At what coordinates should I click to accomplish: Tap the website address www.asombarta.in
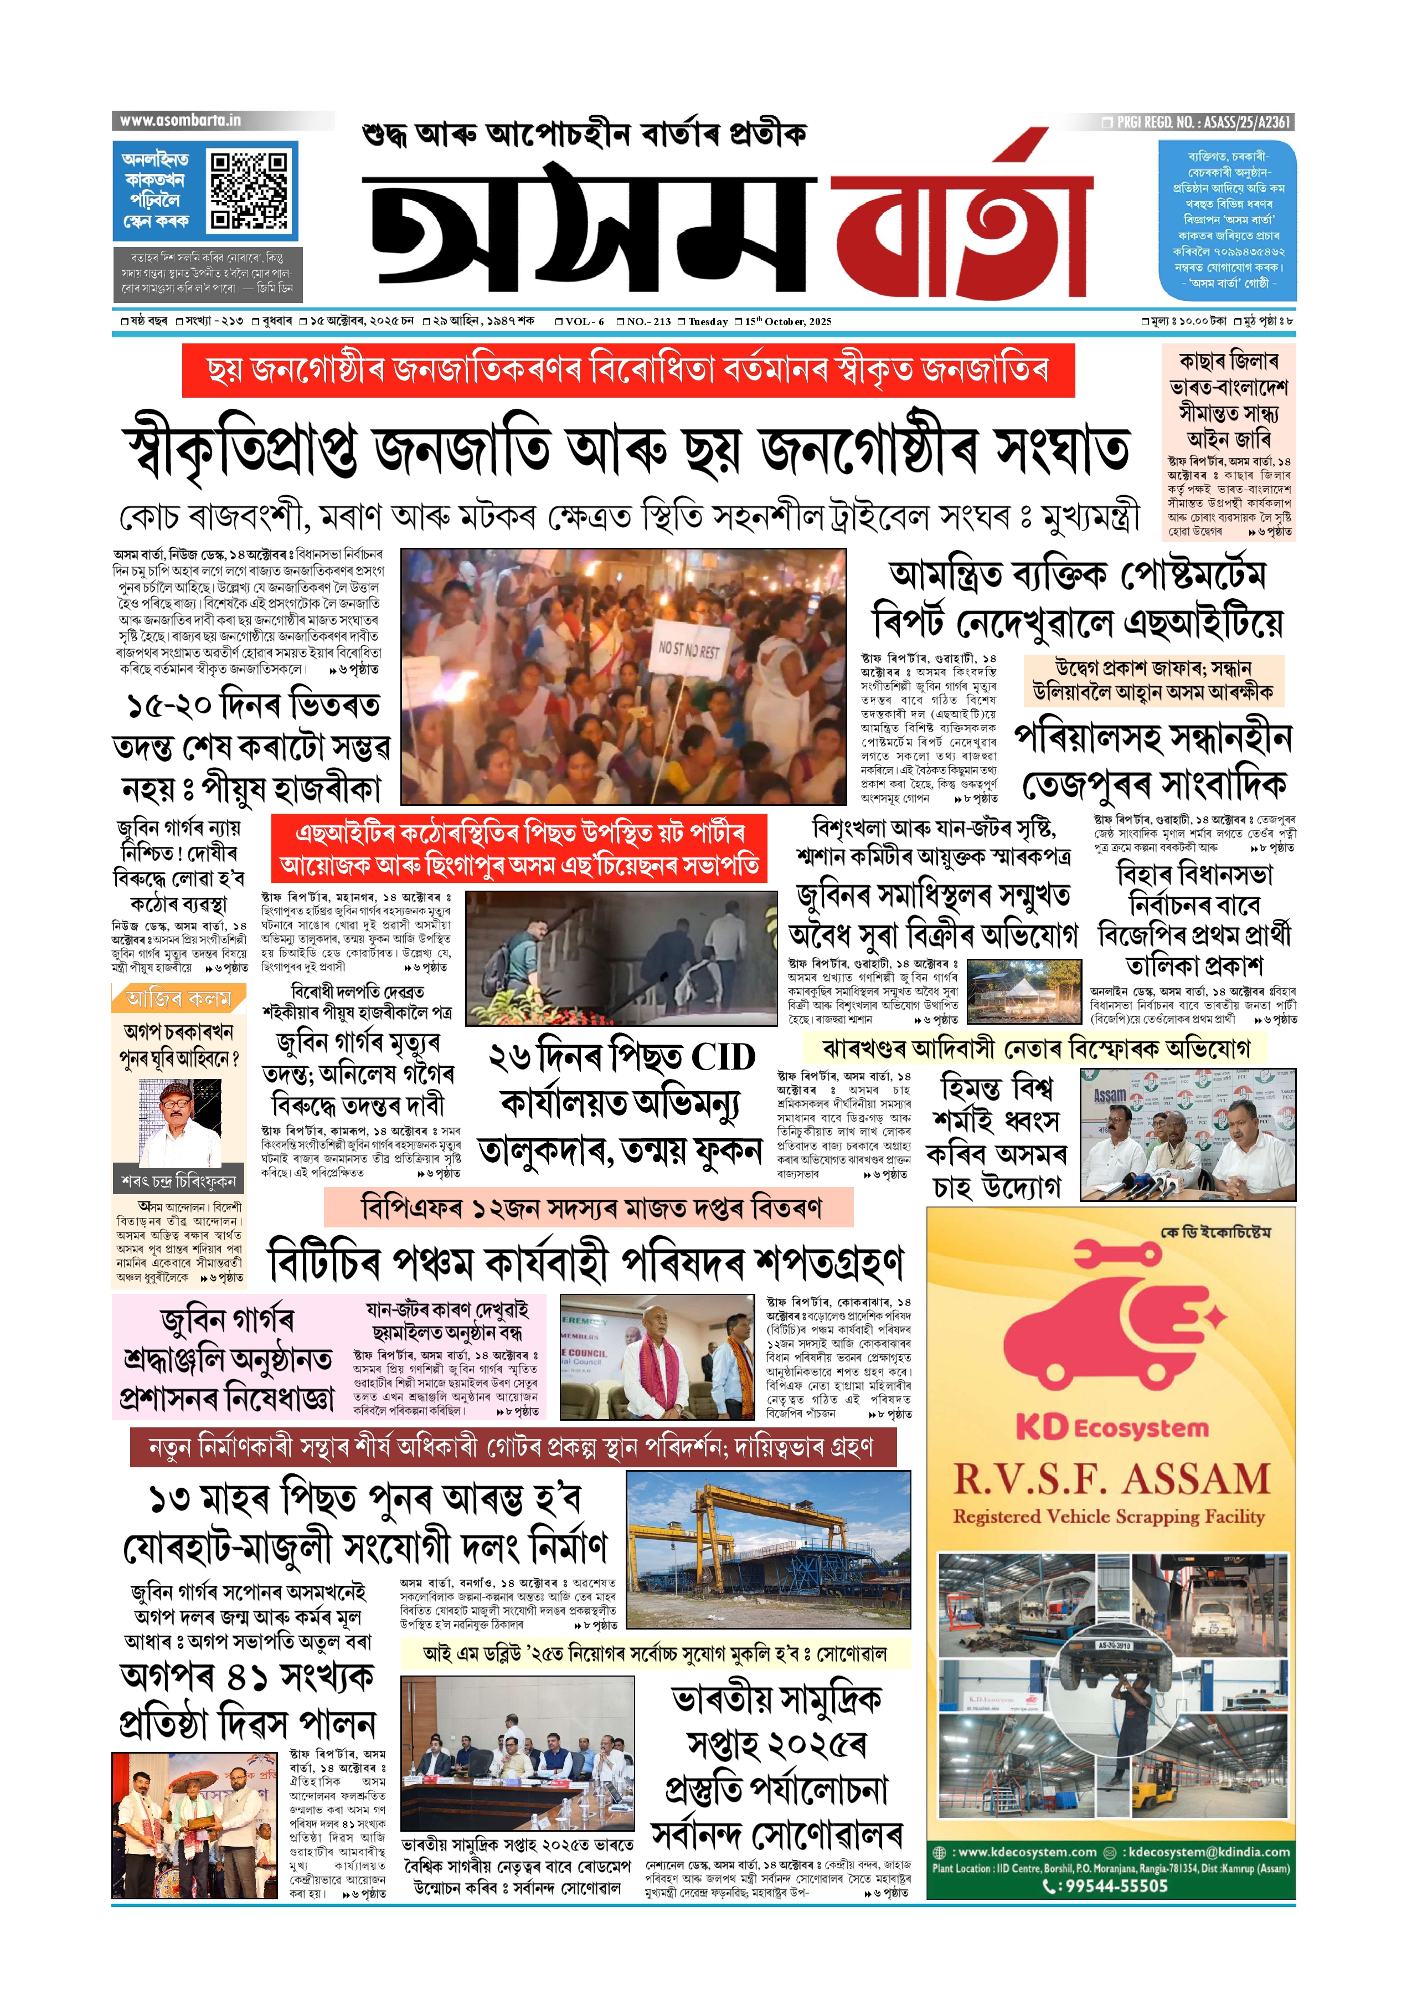tap(180, 121)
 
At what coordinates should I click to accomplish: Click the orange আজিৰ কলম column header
tap(179, 998)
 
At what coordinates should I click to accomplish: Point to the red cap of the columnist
tap(177, 1091)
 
